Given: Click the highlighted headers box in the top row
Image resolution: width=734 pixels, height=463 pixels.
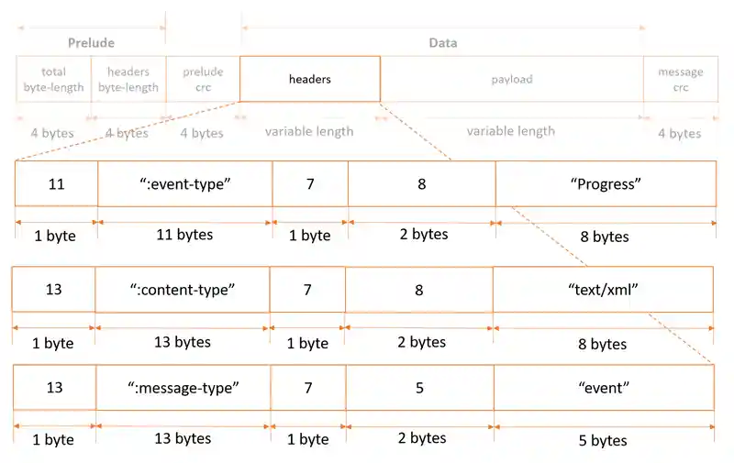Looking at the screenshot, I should point(309,79).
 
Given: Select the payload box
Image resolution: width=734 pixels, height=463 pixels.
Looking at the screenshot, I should point(511,79).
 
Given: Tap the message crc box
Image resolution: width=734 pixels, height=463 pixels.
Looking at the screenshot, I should point(680,79).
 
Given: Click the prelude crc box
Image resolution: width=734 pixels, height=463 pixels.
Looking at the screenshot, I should point(202,79).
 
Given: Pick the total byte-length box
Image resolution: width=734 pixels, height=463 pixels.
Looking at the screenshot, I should point(53,79).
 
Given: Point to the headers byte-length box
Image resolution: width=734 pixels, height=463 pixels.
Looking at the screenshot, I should point(128,79).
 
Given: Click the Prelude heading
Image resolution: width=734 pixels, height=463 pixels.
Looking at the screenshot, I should point(91,43).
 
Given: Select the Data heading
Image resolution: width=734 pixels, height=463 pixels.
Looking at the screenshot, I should point(442,43).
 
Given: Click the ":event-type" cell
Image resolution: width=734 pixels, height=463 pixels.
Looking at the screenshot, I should point(184,183).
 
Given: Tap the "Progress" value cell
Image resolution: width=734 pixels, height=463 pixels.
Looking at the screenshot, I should point(605,183).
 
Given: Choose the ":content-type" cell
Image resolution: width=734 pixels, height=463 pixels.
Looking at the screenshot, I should point(182,289).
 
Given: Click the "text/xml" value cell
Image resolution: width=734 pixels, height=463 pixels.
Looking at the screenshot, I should point(603,289).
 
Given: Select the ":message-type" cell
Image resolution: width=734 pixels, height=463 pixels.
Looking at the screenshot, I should point(183,387).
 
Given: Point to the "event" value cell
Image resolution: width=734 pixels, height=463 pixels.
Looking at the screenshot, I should point(604,387).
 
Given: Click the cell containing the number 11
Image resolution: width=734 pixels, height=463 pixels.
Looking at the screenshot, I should point(56,183).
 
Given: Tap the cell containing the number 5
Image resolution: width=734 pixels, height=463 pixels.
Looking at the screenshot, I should point(419,387).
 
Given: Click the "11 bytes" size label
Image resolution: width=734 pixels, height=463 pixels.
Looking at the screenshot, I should point(184,235).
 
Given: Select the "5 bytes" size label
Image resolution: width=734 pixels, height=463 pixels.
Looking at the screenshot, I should point(604,440).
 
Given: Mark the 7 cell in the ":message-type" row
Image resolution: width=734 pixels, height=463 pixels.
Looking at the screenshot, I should point(308,387).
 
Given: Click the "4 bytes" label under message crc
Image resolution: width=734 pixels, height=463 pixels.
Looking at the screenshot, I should point(679,133).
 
